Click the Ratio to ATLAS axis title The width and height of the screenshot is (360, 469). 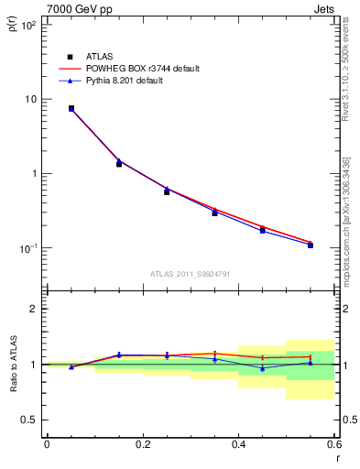pyautogui.click(x=13, y=364)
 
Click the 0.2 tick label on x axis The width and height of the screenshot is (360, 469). pyautogui.click(x=142, y=444)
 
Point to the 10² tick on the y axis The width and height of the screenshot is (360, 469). pyautogui.click(x=28, y=25)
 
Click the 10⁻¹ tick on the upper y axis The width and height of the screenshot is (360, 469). pyautogui.click(x=28, y=248)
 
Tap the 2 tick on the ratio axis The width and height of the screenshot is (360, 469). pyautogui.click(x=37, y=309)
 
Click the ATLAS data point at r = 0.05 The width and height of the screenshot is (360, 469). pyautogui.click(x=71, y=108)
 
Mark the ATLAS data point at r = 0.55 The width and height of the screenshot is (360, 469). pyautogui.click(x=311, y=245)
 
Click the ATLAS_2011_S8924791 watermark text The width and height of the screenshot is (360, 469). pyautogui.click(x=189, y=274)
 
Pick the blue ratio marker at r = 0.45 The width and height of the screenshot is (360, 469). pyautogui.click(x=263, y=368)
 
